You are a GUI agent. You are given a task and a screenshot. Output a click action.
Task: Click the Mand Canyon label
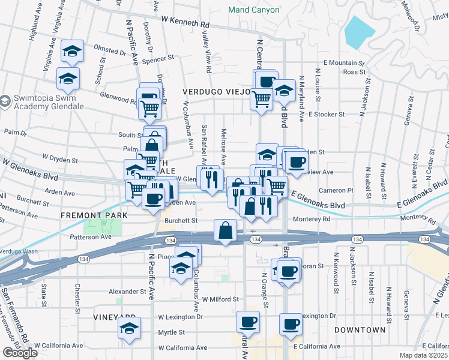(253, 10)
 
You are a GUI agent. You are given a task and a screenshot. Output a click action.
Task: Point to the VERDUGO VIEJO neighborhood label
(216, 92)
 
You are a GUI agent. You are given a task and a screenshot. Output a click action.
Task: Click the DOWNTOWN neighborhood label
(360, 330)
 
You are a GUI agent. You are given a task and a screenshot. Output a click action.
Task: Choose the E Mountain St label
(343, 62)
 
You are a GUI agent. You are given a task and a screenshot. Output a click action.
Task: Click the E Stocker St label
(327, 113)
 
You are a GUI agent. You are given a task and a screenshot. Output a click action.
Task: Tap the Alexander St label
(127, 292)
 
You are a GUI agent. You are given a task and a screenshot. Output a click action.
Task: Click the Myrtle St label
(171, 332)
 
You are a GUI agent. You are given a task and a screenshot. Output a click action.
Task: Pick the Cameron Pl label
(336, 190)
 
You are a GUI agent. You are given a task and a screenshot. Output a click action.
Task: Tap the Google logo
(20, 353)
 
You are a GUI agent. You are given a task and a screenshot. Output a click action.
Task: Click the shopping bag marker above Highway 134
(226, 230)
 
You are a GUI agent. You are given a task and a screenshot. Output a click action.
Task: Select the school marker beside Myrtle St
(129, 328)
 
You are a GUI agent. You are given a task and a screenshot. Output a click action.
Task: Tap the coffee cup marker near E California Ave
(291, 325)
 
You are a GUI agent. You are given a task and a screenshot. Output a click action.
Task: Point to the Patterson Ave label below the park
(89, 237)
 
